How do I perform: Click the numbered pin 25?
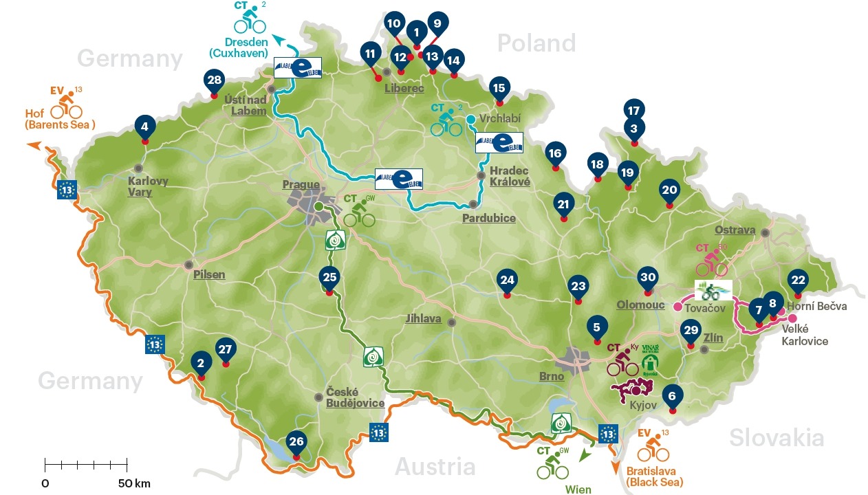click(329, 277)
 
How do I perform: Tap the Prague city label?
click(301, 184)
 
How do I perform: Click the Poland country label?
click(536, 43)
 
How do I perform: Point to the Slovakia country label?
click(776, 437)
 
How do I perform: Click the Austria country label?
click(434, 467)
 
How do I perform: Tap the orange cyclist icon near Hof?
click(66, 107)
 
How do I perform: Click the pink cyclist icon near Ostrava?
click(711, 263)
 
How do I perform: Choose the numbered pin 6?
click(672, 395)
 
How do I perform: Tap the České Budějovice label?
click(355, 397)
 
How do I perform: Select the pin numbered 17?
click(633, 109)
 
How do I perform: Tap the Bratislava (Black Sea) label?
click(655, 476)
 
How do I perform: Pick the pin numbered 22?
click(798, 280)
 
